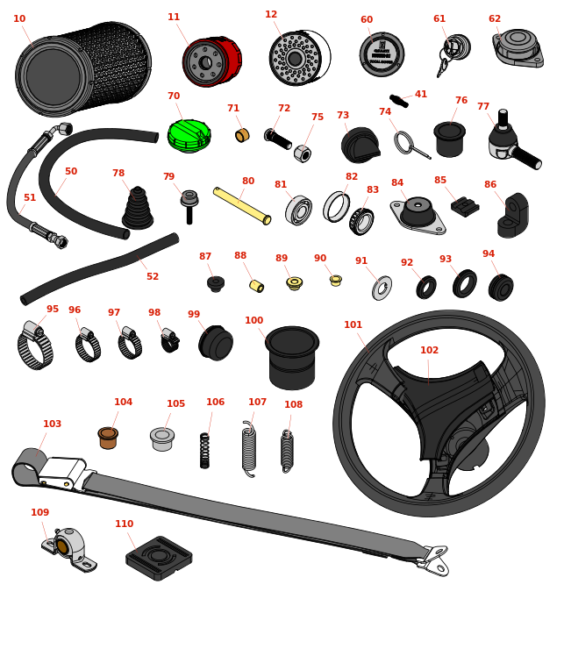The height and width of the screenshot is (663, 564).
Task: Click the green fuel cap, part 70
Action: (189, 136)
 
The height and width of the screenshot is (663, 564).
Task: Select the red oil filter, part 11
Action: (211, 62)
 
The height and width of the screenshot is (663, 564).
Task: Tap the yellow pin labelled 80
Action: (241, 205)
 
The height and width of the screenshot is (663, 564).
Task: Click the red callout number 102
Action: (429, 351)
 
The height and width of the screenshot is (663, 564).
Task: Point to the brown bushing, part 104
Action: (108, 438)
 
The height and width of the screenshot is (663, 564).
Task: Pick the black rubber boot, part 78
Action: (137, 209)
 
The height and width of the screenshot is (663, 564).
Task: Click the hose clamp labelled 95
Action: (35, 347)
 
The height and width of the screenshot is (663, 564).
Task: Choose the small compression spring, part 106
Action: (204, 450)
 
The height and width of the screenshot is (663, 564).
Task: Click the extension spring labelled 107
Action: (249, 449)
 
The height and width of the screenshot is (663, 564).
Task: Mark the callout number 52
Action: (153, 276)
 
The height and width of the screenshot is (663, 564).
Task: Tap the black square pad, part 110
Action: (159, 557)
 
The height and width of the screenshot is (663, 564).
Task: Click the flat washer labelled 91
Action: (382, 288)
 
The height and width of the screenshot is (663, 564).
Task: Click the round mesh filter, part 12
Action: (296, 59)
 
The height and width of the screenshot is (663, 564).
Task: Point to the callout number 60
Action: (367, 20)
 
